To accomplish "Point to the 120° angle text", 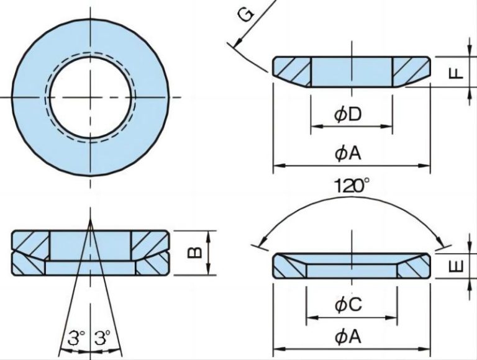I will [352, 185].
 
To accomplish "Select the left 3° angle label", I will [76, 338].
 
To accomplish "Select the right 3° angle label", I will [102, 338].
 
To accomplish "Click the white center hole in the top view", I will [90, 97].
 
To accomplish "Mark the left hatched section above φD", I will [292, 71].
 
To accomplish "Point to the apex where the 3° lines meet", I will [90, 222].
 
